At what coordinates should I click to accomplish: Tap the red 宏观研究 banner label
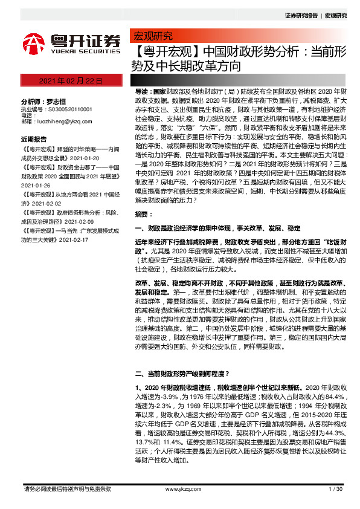[153, 36]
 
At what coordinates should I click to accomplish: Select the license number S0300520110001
[69, 109]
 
